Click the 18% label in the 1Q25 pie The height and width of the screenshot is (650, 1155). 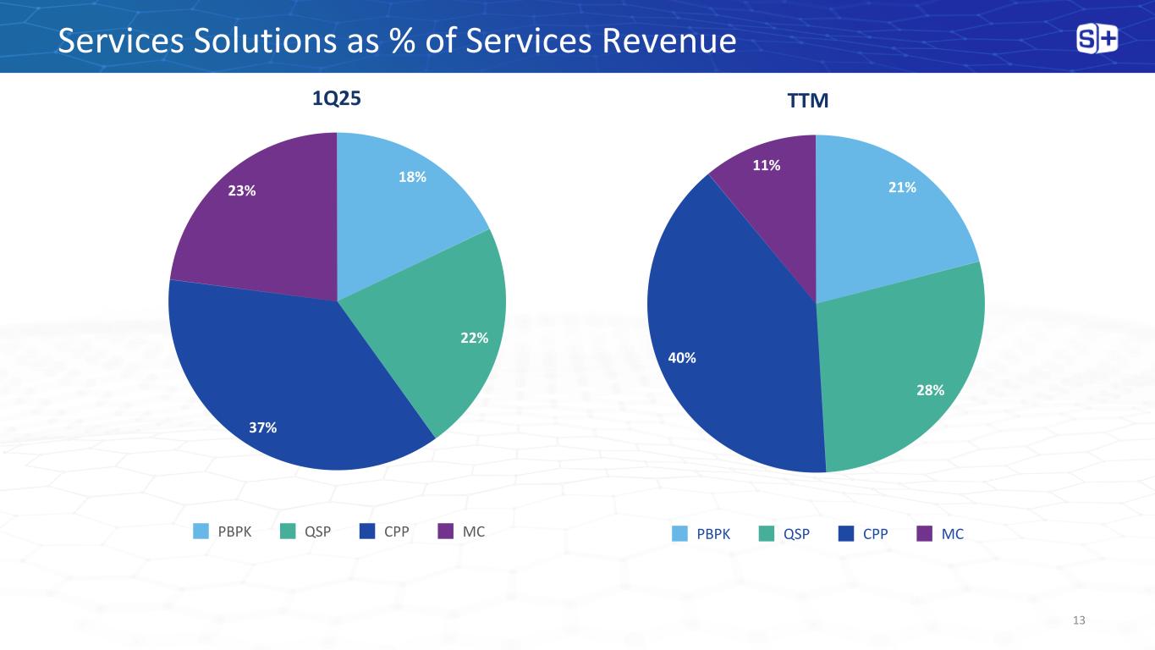tap(413, 177)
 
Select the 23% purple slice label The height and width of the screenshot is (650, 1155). tap(242, 190)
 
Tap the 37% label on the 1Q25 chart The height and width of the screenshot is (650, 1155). tap(263, 427)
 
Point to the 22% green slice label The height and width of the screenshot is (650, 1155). tap(474, 338)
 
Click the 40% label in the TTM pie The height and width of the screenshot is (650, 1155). tap(682, 358)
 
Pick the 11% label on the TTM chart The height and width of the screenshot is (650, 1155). tap(767, 166)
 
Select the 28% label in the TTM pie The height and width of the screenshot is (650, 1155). tap(930, 388)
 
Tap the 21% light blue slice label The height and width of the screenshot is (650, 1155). tap(902, 188)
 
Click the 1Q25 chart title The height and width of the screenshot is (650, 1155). tap(337, 99)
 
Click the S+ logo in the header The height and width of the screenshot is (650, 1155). tap(1097, 39)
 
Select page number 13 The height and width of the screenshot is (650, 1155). tap(1078, 621)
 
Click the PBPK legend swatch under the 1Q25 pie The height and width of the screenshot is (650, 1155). tap(201, 532)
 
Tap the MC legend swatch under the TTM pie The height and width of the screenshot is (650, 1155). tap(925, 534)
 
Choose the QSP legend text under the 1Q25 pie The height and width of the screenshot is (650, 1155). tap(318, 532)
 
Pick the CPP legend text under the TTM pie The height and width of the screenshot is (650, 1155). tap(876, 534)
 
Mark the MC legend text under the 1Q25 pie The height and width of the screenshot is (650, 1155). tap(474, 532)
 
